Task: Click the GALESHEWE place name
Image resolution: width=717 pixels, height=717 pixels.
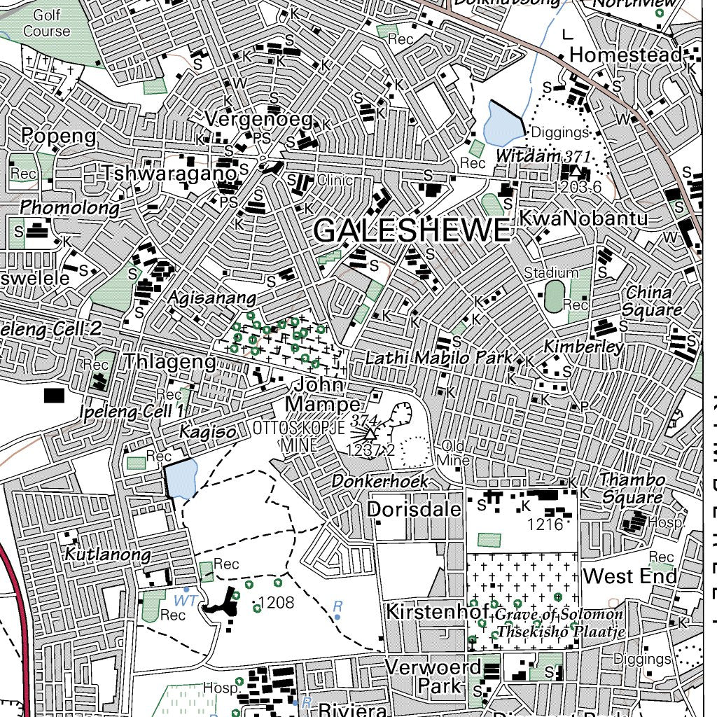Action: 412,231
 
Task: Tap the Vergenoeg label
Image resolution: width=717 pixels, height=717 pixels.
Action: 258,119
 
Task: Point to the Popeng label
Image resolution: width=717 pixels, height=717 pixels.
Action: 58,136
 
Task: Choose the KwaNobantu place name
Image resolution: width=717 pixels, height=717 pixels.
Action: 583,218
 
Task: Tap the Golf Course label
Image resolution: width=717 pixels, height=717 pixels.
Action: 47,22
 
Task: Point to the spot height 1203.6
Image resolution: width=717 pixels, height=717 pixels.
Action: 577,187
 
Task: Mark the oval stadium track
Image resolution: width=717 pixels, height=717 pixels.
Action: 554,297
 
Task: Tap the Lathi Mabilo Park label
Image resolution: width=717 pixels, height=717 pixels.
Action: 438,358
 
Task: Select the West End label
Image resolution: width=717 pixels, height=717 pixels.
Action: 630,576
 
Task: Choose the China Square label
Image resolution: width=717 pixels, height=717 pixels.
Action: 652,300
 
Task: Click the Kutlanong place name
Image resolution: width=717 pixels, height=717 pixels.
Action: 107,555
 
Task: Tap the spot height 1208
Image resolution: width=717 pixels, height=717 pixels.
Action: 276,602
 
